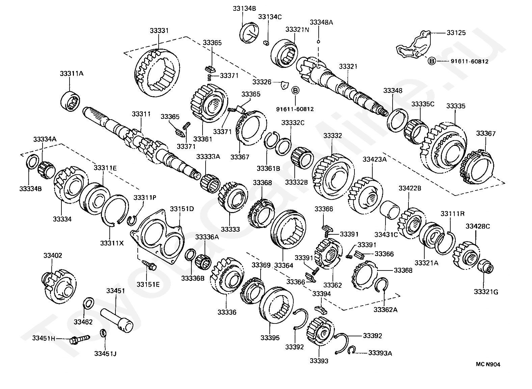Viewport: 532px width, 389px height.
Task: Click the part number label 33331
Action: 159,31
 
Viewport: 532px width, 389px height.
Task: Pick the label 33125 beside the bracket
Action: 456,33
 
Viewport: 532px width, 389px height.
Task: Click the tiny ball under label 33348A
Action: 318,42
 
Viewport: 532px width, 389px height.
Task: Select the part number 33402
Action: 53,256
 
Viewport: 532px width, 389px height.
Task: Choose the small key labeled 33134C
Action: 266,43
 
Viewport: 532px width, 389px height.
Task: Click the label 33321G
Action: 486,292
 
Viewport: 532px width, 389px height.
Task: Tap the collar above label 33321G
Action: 485,267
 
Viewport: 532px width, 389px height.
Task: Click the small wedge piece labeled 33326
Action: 284,85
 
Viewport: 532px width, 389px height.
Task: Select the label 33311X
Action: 112,243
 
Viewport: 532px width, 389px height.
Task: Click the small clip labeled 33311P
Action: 131,221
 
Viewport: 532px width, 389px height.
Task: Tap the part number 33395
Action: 270,338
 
